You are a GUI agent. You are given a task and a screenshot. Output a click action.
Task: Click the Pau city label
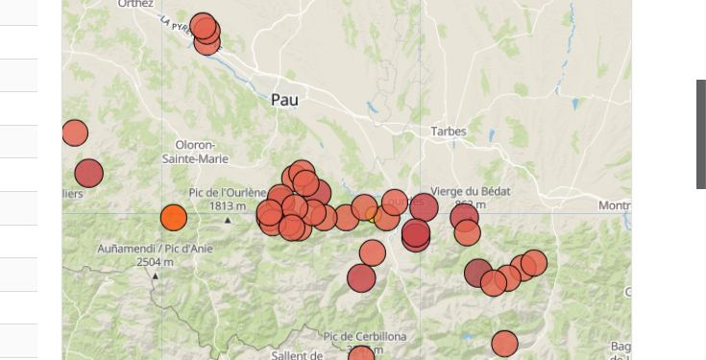pyautogui.click(x=284, y=99)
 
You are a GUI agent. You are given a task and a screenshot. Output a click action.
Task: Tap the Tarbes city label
pyautogui.click(x=449, y=132)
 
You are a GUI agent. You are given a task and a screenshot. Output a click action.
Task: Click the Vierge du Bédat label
pyautogui.click(x=471, y=191)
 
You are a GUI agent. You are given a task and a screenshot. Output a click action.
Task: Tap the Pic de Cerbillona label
pyautogui.click(x=365, y=336)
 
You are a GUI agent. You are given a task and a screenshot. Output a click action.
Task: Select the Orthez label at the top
pyautogui.click(x=135, y=4)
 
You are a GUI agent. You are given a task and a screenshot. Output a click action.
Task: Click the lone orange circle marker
pyautogui.click(x=173, y=218)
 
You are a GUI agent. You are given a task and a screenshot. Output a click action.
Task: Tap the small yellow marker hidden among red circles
pyautogui.click(x=373, y=216)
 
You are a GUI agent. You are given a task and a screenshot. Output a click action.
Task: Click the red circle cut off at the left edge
pyautogui.click(x=74, y=133)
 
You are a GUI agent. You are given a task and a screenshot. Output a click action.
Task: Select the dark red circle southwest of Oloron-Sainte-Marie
pyautogui.click(x=88, y=173)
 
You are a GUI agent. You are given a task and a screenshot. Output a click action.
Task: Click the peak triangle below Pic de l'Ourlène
pyautogui.click(x=228, y=221)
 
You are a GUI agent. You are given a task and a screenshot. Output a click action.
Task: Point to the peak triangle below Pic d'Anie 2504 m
pyautogui.click(x=155, y=276)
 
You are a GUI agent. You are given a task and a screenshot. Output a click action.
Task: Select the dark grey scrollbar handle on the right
pyautogui.click(x=701, y=133)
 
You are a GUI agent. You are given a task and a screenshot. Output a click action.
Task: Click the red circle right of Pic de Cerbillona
pyautogui.click(x=504, y=344)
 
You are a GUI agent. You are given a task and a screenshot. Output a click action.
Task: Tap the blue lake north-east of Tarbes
pyautogui.click(x=575, y=103)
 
